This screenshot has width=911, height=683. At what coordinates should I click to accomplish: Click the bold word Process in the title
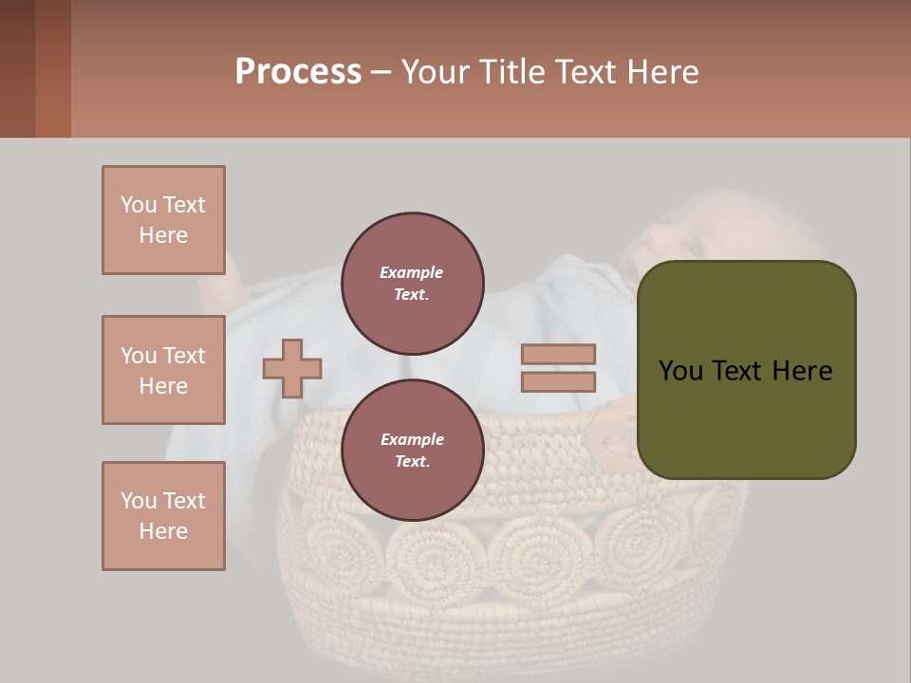click(x=298, y=72)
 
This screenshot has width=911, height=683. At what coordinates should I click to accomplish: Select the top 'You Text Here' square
click(x=163, y=220)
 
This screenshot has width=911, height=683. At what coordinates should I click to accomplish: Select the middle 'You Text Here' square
click(x=163, y=370)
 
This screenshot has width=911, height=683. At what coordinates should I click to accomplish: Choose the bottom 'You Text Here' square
click(x=163, y=516)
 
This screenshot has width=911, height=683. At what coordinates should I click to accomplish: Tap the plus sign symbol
click(x=292, y=368)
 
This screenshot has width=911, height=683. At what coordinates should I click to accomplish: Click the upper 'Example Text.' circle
click(x=413, y=283)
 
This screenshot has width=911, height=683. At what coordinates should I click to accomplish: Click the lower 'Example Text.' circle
click(x=413, y=450)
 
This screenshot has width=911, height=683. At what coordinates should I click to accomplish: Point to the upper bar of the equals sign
click(x=558, y=355)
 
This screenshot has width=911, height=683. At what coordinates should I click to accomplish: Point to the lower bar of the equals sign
click(x=558, y=381)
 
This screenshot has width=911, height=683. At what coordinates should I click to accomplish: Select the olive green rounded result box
click(x=746, y=370)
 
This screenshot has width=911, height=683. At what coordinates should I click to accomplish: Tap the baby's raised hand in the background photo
click(x=226, y=275)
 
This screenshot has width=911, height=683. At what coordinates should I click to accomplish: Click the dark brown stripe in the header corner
click(x=17, y=68)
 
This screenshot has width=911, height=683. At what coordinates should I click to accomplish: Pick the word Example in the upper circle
click(x=412, y=272)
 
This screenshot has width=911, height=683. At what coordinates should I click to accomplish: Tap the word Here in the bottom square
click(x=163, y=531)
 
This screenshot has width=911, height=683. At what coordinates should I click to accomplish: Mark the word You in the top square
click(x=139, y=205)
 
